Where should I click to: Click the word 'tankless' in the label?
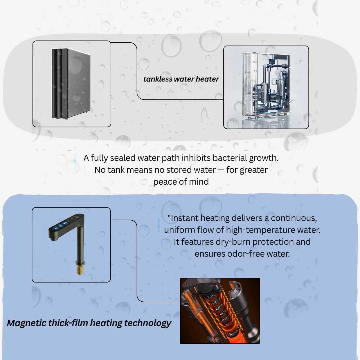click(x=158, y=79)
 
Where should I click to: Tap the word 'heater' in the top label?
click(x=207, y=79)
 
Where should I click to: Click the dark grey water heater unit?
click(x=71, y=83)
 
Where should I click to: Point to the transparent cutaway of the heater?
click(x=267, y=87)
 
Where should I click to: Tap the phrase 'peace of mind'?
click(x=181, y=181)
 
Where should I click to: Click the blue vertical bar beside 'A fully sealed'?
click(x=75, y=163)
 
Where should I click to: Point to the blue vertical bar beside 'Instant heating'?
click(x=158, y=225)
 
